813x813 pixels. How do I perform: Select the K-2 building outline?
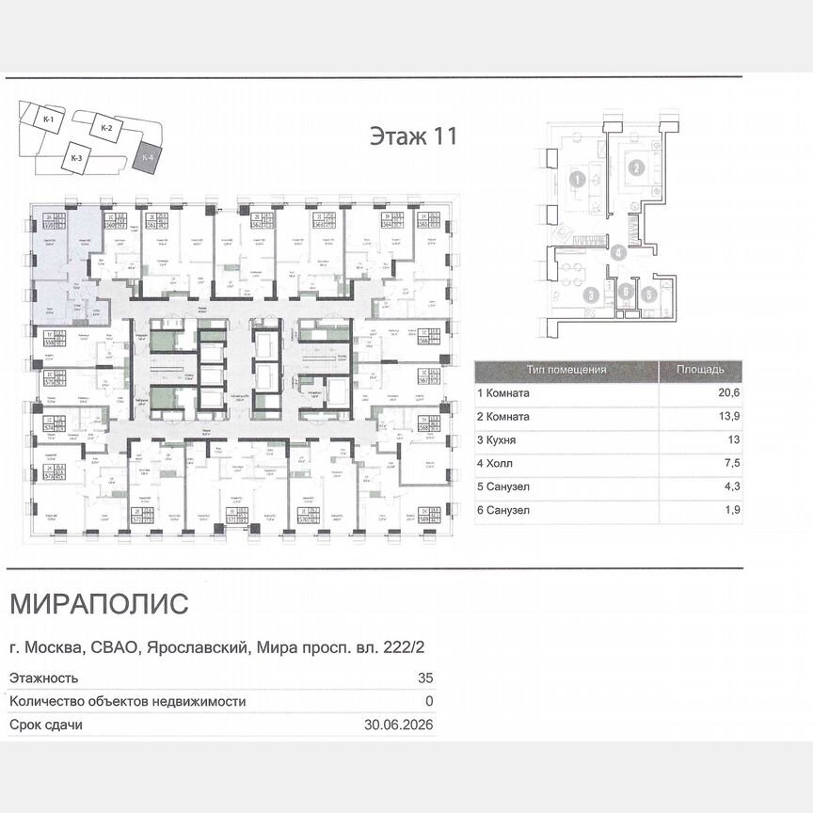tap(106, 128)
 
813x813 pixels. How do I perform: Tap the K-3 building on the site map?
tap(76, 158)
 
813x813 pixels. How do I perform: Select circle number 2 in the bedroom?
tap(637, 168)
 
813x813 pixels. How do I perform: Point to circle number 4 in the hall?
tap(617, 252)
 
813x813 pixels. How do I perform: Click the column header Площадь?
tap(699, 370)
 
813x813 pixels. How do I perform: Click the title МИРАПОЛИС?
tap(98, 603)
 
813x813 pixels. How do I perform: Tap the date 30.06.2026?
tap(398, 725)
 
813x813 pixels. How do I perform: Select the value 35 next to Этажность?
tap(424, 677)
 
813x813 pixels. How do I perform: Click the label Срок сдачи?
tap(45, 725)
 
